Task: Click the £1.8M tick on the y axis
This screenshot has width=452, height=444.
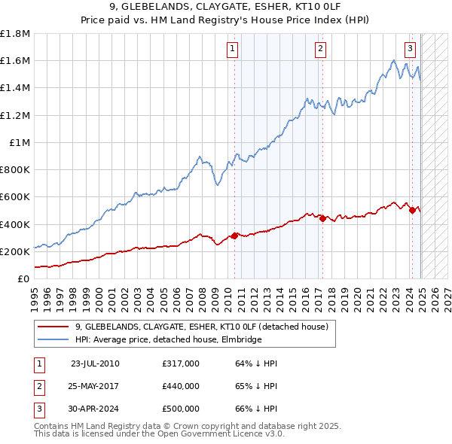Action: (x=15, y=34)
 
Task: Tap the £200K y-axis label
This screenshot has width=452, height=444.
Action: (x=15, y=251)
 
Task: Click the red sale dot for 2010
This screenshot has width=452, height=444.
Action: (x=234, y=236)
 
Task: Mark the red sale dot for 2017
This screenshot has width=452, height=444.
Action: (x=322, y=219)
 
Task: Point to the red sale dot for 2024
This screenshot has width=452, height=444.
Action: (x=412, y=211)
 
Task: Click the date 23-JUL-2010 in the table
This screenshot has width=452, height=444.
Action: (x=95, y=363)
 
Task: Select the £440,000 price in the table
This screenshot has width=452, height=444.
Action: (x=181, y=386)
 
